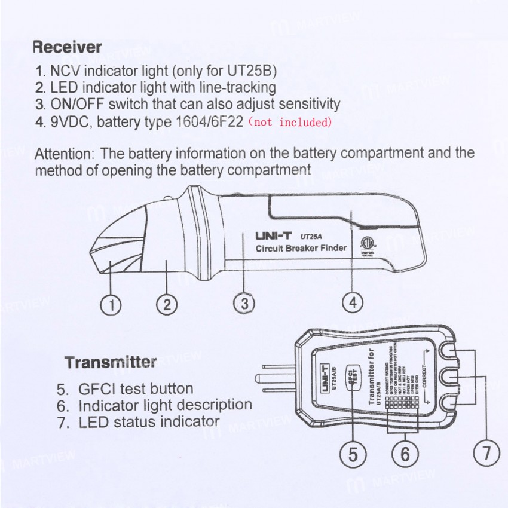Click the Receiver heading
click(67, 46)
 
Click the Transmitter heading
click(111, 362)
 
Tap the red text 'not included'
click(289, 123)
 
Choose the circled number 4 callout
click(353, 303)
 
